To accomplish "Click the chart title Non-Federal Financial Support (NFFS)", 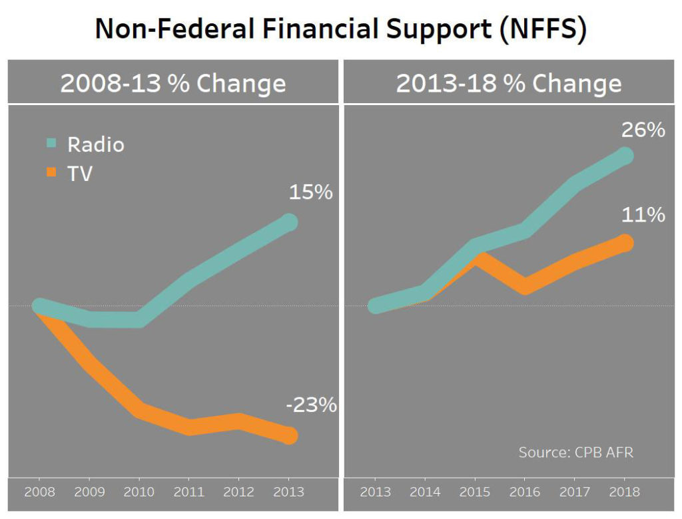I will (340, 30).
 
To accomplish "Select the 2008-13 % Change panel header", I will (173, 84).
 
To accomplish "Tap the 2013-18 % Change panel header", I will (509, 84).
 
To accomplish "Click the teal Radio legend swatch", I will (53, 144).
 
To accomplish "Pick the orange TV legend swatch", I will (53, 174).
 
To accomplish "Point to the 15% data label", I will (310, 193).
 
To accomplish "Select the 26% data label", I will (643, 130).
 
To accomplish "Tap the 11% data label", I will (643, 215).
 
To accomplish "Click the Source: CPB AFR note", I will (576, 452).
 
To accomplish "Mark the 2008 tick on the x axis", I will (39, 492).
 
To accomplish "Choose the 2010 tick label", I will (139, 492).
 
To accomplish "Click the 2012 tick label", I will (238, 492).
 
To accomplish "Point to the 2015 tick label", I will (475, 492).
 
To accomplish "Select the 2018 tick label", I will (624, 492).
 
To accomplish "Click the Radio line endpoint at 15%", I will (288, 222).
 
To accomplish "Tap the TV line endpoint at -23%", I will (288, 435).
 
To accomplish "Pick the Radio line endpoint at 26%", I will (624, 156).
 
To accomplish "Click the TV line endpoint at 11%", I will (624, 243).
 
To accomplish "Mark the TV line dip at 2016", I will (525, 286).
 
